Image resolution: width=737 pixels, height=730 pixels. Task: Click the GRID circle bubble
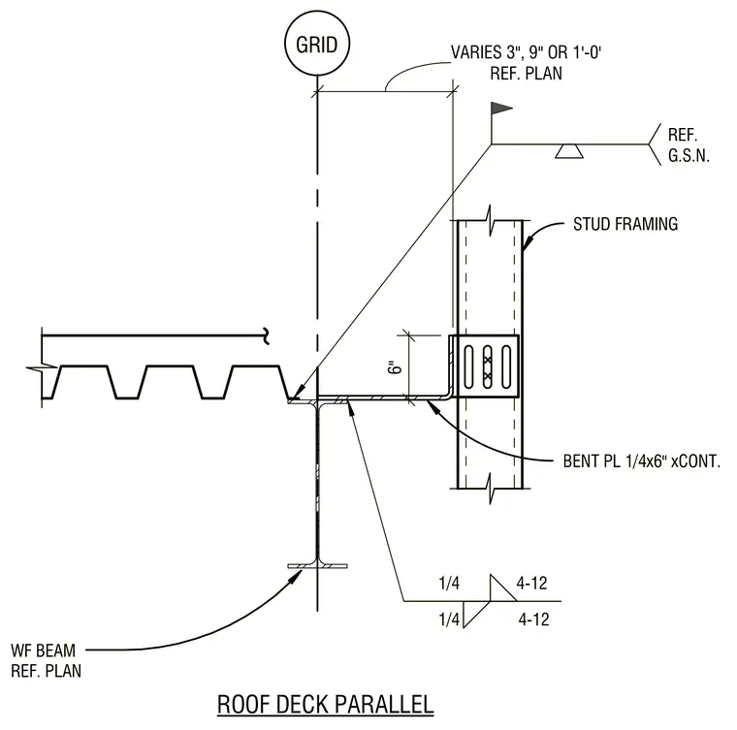click(317, 44)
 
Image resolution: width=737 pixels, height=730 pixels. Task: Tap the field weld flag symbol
click(501, 109)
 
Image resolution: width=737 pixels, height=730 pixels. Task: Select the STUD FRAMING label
click(625, 224)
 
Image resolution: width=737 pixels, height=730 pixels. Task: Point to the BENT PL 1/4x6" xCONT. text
click(642, 461)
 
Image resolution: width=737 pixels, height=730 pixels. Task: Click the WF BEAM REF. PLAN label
click(46, 660)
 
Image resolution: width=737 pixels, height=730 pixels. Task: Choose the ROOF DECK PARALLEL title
click(325, 705)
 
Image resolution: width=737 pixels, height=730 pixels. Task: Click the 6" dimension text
click(397, 366)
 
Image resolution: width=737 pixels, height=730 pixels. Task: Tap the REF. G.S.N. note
click(689, 145)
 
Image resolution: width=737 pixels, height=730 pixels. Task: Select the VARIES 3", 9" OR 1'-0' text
click(526, 52)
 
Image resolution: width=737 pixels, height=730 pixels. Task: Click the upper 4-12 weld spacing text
click(531, 584)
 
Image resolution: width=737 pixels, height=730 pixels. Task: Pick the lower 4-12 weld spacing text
click(533, 619)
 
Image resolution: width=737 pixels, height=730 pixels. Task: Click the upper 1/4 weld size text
click(449, 584)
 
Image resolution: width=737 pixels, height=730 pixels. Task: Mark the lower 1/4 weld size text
click(449, 619)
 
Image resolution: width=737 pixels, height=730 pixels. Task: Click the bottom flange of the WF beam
click(318, 566)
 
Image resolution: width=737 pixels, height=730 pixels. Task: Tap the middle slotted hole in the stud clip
click(488, 366)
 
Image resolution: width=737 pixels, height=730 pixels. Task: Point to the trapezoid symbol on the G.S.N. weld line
click(568, 151)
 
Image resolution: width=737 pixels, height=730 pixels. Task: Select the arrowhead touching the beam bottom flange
click(293, 577)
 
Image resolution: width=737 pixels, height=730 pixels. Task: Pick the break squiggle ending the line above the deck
click(267, 335)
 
